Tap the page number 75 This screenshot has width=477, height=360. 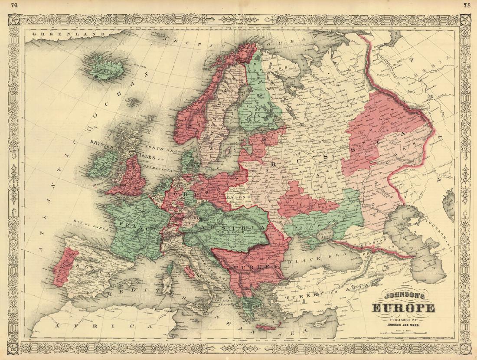coord(467,5)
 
